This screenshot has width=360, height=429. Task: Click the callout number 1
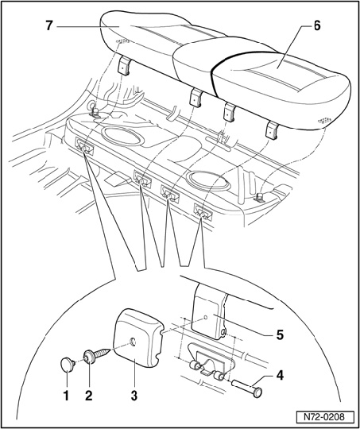point(66,396)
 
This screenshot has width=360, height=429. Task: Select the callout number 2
point(89,396)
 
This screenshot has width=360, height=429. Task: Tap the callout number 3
point(134,396)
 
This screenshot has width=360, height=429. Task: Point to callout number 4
point(279,376)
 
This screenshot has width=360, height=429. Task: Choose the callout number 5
point(280,335)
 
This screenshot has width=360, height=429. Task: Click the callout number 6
point(316,26)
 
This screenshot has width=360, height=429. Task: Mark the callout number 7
point(48,25)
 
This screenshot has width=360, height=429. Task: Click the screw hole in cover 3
point(133,342)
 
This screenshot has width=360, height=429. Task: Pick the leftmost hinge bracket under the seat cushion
point(123,67)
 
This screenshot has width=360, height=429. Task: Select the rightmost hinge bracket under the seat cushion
point(273,130)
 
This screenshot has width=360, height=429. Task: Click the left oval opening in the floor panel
point(122,136)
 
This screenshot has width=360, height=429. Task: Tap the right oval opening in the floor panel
point(208,180)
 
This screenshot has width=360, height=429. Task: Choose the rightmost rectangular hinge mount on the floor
point(203,211)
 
